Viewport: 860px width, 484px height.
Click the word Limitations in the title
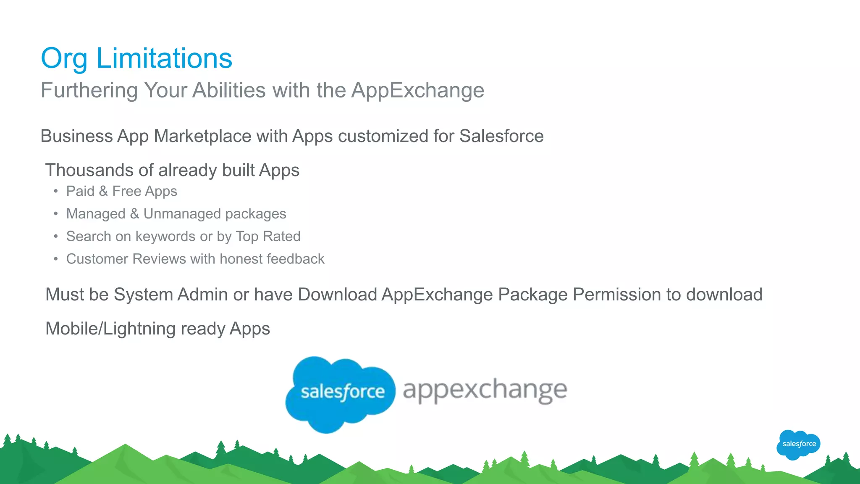point(164,58)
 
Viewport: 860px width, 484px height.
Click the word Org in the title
point(64,59)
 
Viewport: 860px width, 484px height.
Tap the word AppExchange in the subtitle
point(417,91)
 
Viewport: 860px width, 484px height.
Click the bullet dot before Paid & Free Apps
point(56,192)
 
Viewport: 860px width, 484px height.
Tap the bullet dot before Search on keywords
point(56,237)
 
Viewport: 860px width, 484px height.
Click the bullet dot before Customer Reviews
point(56,259)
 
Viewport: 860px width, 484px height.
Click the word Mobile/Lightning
point(110,329)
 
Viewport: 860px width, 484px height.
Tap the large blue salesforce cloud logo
point(340,393)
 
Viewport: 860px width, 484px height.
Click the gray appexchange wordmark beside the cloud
point(485,390)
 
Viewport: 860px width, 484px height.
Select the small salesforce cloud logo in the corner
point(798,444)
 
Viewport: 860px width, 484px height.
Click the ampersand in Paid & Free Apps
point(103,192)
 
